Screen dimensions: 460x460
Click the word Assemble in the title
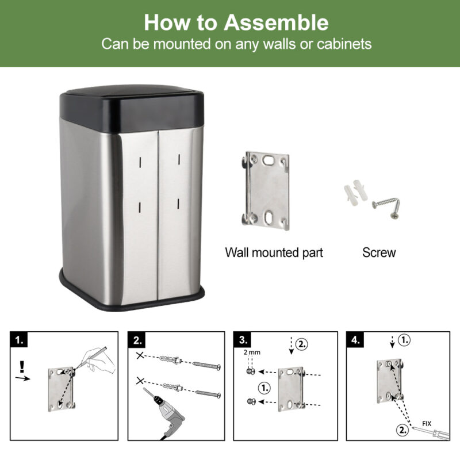pos(276,22)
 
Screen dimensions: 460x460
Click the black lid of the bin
pos(132,108)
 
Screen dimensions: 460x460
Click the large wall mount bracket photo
pos(266,191)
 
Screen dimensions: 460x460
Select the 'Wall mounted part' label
pos(274,252)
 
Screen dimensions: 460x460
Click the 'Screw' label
pos(379,252)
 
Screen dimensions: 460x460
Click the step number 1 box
pos(19,340)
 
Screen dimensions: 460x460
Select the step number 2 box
pos(137,340)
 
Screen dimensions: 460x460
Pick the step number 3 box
pos(243,340)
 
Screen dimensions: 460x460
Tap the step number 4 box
pos(355,340)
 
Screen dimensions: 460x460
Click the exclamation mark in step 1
pos(21,367)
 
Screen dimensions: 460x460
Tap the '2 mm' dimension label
pos(252,352)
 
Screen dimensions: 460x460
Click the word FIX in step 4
pos(427,424)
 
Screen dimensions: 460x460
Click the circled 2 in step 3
pos(301,343)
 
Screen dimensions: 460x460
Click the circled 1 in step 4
pos(404,340)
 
